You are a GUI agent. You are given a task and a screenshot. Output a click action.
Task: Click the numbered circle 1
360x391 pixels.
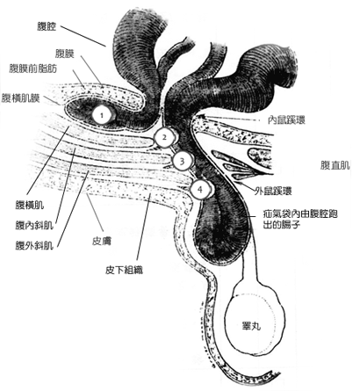tap(102, 115)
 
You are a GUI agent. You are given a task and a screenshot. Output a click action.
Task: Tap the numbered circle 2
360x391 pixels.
tap(164, 137)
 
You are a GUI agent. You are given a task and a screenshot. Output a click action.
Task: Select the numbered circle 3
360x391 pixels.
tap(182, 161)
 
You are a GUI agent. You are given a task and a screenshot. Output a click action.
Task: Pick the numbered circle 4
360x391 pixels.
tap(200, 189)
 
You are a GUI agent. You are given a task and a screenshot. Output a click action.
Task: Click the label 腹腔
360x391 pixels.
tap(47, 27)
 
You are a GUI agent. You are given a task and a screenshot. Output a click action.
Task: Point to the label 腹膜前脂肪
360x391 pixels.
tap(33, 69)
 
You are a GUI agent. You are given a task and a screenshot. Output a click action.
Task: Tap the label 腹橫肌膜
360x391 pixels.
tap(20, 98)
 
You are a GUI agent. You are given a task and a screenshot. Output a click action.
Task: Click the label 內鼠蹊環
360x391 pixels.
tap(287, 120)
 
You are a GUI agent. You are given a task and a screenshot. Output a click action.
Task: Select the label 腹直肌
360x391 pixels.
tap(335, 166)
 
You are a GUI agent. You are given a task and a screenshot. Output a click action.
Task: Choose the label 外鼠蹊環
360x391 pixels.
tap(273, 191)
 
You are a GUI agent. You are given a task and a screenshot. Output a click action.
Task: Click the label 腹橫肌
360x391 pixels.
tap(30, 206)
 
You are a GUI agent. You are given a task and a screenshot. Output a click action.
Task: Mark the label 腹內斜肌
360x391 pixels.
tap(34, 225)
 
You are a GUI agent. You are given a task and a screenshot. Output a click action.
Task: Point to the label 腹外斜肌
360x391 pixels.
tap(34, 245)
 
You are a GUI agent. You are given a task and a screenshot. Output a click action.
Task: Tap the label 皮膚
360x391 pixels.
tap(102, 241)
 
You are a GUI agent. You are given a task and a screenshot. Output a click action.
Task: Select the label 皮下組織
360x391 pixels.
tap(124, 270)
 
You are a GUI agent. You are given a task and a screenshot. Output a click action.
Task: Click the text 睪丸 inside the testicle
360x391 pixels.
tap(251, 326)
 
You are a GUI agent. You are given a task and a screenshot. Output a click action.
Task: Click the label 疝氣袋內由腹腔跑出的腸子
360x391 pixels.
tap(300, 219)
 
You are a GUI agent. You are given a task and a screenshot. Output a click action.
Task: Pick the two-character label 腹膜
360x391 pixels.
tap(65, 54)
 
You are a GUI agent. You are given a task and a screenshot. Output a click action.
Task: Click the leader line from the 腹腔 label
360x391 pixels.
tap(83, 36)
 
